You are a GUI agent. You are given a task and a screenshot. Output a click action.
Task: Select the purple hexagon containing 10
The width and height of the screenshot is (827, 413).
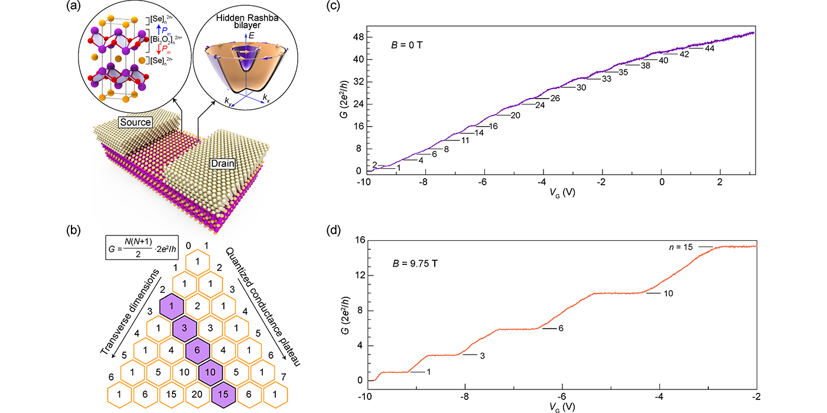click(x=210, y=372)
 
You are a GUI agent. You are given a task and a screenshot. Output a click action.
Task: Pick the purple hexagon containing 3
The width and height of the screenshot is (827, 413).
click(x=184, y=327)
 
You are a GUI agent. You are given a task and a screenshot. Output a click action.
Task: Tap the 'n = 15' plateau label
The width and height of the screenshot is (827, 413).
click(x=679, y=246)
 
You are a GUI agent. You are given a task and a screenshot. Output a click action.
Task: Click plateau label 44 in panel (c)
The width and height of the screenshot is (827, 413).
click(x=710, y=48)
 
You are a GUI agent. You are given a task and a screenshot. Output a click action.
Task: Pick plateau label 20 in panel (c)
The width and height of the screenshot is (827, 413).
click(x=515, y=115)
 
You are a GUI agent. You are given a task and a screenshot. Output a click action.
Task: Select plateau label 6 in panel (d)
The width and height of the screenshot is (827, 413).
click(x=562, y=328)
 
